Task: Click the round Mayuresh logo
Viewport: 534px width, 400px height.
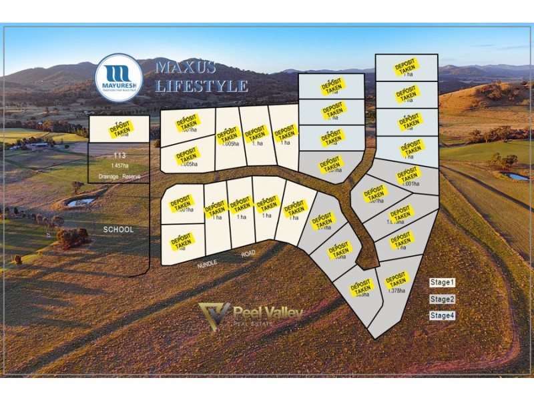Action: [118, 77]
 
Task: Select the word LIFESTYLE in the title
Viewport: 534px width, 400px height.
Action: [202, 86]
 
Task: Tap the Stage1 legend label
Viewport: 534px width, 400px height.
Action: [442, 283]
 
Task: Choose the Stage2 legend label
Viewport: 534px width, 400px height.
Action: [442, 299]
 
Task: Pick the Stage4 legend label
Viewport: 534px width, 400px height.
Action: [442, 316]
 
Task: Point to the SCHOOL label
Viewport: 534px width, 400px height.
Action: [118, 229]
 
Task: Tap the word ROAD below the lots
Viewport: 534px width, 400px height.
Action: [249, 254]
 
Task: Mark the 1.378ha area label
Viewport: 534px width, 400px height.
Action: [396, 291]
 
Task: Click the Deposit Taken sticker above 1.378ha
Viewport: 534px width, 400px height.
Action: [396, 279]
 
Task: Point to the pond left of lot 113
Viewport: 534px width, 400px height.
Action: [81, 201]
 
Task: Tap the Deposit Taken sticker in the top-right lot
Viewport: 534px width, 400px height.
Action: [406, 67]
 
